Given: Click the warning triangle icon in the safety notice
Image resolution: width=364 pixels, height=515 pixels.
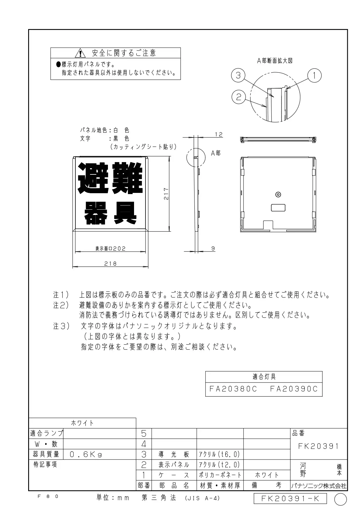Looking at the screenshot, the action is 80,53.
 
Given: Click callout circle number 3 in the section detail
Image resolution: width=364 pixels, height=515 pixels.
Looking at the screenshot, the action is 238,75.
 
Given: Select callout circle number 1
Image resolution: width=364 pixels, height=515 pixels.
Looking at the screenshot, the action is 314,75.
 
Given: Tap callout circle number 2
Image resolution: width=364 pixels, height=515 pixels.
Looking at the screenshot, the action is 238,97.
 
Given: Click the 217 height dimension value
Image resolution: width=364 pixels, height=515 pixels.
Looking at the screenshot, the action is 166,194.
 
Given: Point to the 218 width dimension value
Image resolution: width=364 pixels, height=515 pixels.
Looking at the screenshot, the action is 110,264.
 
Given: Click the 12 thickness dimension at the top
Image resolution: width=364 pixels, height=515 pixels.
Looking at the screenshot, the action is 219,134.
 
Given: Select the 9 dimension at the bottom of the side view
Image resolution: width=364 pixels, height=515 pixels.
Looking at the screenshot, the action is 213,248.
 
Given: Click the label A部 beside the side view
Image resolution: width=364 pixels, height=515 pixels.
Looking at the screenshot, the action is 216,153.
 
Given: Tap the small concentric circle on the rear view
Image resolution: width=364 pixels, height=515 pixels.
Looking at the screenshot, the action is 278,194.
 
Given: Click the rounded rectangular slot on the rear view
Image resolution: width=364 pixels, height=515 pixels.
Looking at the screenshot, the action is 278,208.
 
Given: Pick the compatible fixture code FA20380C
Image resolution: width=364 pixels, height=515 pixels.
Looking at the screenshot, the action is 233,389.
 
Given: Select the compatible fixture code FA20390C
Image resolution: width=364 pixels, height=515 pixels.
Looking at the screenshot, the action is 294,389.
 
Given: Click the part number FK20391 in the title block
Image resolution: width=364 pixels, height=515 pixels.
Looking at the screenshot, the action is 319,446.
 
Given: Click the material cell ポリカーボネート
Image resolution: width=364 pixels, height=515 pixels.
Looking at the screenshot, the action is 220,475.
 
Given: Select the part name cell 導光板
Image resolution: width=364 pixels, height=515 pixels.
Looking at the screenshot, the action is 174,455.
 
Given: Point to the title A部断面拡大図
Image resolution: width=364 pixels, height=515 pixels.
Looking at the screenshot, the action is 275,61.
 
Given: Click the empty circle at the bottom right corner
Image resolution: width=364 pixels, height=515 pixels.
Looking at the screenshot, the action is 341,499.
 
